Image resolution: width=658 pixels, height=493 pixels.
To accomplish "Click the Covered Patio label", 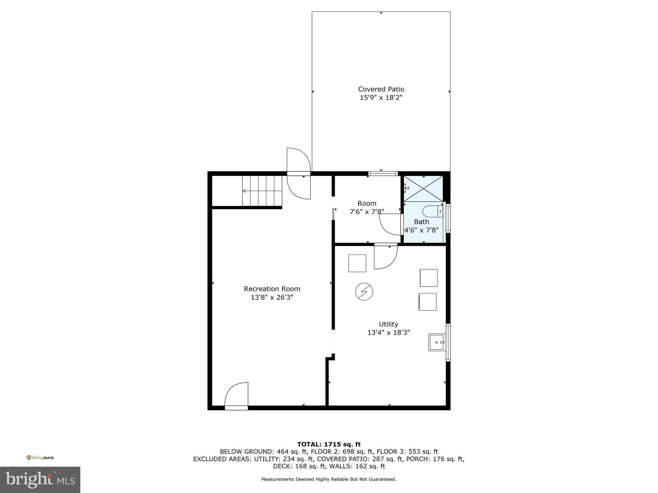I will click(381, 89).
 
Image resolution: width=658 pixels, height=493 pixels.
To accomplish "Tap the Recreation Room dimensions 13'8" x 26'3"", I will click(272, 298).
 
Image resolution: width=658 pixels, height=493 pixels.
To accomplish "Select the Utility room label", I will click(388, 324).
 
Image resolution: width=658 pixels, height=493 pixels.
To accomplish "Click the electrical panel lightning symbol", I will click(364, 292).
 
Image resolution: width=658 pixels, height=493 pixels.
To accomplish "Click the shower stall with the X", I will click(423, 189).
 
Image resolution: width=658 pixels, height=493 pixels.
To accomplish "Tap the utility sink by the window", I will click(437, 342).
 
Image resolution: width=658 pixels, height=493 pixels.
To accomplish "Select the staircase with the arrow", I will click(262, 191).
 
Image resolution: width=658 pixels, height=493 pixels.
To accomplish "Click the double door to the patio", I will click(299, 173).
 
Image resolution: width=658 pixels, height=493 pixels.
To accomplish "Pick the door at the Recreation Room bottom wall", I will click(236, 397).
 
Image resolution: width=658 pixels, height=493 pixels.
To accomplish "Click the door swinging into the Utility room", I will click(386, 257).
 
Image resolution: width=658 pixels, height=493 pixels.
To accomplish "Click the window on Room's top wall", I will click(383, 174).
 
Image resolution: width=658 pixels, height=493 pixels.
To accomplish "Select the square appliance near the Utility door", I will click(357, 263).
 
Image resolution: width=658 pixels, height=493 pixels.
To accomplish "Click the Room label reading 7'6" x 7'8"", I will click(367, 212).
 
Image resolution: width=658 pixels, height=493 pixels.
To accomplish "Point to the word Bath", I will click(421, 222).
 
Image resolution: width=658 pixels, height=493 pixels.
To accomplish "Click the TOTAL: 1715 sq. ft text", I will click(329, 444).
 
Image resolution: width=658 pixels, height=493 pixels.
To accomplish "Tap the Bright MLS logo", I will click(40, 480).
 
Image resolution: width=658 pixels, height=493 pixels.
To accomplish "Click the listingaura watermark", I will click(40, 458).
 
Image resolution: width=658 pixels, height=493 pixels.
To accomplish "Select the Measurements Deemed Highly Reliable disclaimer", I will click(329, 479).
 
